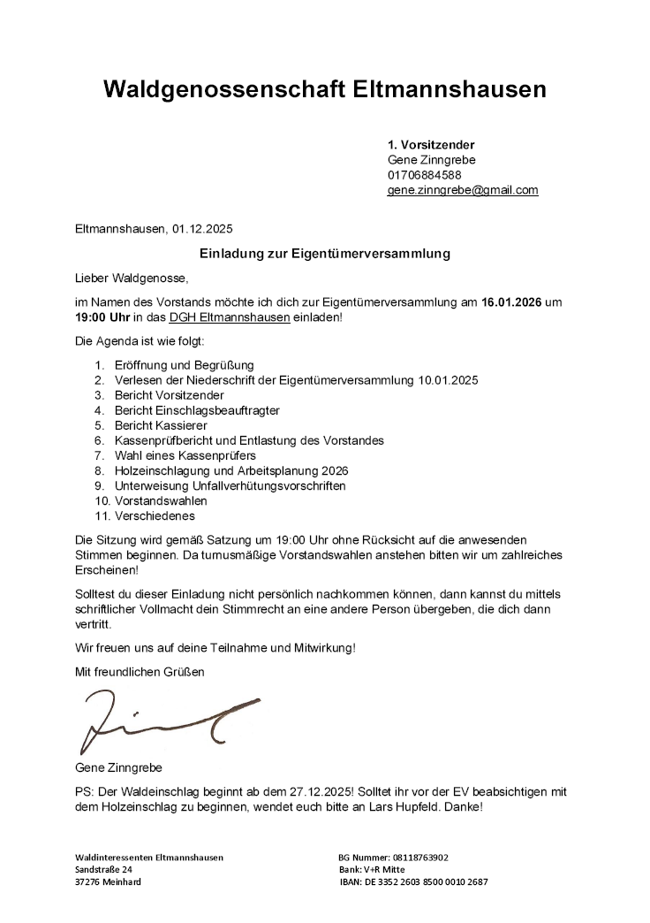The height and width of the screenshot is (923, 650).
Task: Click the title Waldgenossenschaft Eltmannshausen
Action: tap(324, 89)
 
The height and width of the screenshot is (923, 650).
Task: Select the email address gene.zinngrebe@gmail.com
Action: tap(463, 190)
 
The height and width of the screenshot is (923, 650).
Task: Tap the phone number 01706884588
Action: tap(425, 175)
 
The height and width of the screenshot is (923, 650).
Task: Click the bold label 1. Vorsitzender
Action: tap(432, 144)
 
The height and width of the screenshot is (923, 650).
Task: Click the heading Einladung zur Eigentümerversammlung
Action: tap(325, 254)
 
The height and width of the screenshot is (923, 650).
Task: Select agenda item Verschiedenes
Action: tap(155, 515)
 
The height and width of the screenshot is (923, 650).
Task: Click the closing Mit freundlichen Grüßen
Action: tap(140, 672)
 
